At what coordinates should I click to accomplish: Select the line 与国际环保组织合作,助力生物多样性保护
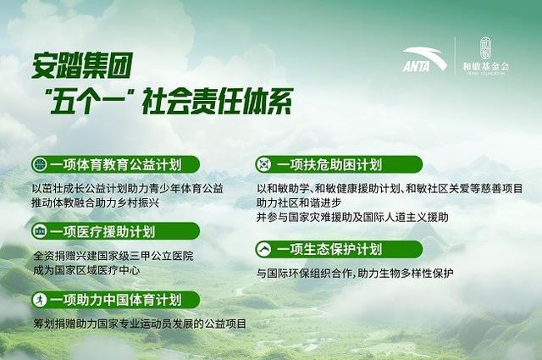click(x=356, y=273)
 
